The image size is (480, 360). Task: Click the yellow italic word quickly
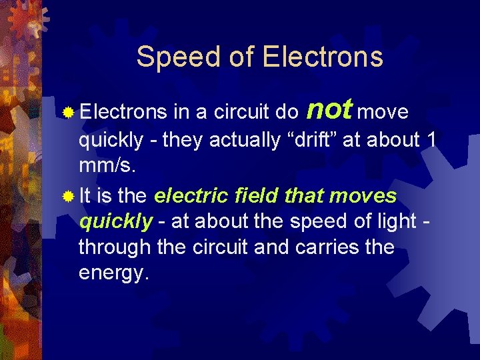click(115, 222)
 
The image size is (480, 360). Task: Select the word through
click(115, 247)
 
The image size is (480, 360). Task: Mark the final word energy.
click(111, 273)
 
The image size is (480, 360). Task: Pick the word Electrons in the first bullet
click(122, 113)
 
